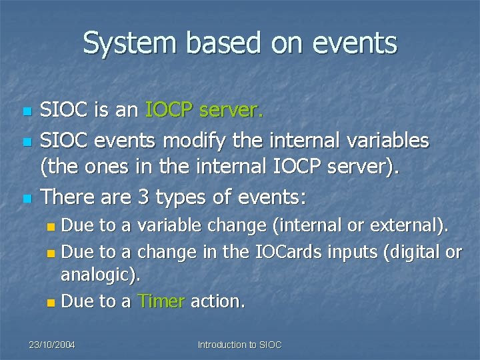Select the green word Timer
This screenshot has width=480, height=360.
coord(161,301)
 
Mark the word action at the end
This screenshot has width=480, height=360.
coord(217,301)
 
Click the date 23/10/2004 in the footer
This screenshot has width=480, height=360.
coord(51,345)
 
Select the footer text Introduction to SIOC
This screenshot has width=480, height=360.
coord(240,345)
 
